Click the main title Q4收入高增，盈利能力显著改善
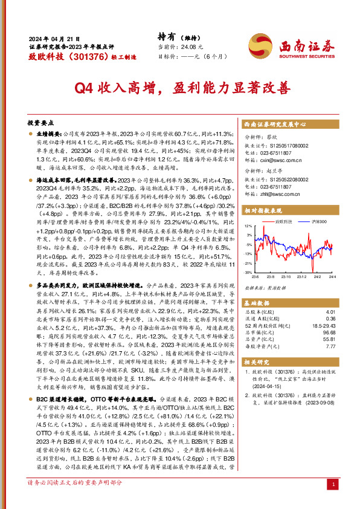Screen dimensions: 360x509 pos(179,88)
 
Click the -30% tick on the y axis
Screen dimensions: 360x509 pos(248,273)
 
